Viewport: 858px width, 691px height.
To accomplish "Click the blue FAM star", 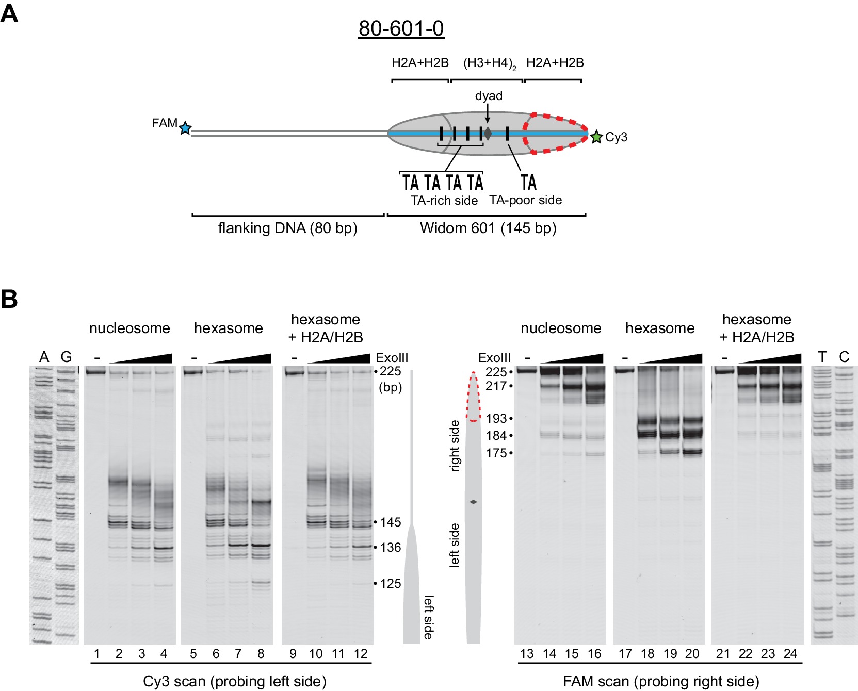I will [185, 128].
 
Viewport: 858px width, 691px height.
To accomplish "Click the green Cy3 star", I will [596, 137].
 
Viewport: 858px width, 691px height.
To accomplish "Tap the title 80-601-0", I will [401, 28].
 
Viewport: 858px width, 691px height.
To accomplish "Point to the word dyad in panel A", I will [489, 96].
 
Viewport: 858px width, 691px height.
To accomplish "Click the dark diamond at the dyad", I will [488, 134].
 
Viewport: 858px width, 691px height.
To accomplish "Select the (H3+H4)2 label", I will [489, 63].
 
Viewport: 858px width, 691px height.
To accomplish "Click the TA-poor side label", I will [525, 200].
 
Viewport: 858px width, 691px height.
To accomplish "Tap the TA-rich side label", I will [444, 201].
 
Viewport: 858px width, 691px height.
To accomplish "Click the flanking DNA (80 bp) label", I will [287, 228].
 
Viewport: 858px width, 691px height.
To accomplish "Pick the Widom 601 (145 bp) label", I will [488, 228].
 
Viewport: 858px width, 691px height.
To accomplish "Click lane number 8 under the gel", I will [261, 654].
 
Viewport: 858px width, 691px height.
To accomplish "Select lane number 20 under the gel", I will [692, 654].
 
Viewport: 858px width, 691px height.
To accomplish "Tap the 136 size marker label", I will [391, 547].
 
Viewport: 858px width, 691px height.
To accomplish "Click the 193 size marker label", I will [496, 418].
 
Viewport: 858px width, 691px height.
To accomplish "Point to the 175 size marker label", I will [496, 453].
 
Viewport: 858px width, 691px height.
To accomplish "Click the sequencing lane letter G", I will [66, 357].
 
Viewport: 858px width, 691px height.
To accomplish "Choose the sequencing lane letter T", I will [822, 357].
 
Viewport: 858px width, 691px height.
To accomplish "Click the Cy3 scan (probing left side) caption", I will [235, 681].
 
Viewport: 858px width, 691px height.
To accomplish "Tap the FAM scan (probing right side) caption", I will [661, 681].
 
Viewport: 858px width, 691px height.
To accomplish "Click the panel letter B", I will [9, 299].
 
